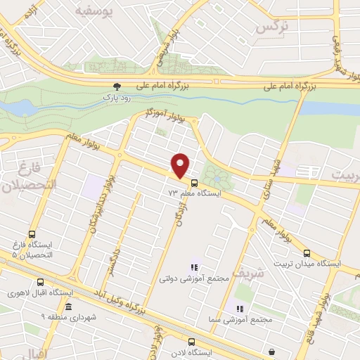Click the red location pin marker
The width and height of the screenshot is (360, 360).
(181, 166)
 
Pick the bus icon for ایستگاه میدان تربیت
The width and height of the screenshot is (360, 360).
(306, 253)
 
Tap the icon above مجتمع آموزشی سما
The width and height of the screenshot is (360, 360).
(240, 309)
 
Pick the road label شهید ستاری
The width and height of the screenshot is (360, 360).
(268, 179)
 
